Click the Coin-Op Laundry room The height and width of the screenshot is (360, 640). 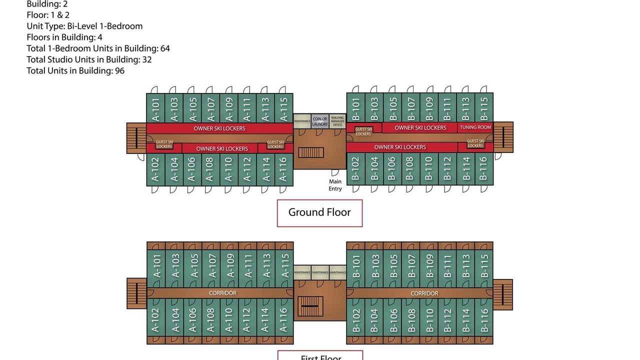click(x=320, y=121)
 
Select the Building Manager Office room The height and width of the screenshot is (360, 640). click(x=337, y=121)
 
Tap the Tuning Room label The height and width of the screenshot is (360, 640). click(x=475, y=127)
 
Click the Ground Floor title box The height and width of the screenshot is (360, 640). click(x=319, y=212)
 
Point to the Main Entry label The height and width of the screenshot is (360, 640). click(x=335, y=185)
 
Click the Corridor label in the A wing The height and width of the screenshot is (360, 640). click(x=222, y=293)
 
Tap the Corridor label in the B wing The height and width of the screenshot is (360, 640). click(x=424, y=293)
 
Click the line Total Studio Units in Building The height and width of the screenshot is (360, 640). click(x=89, y=59)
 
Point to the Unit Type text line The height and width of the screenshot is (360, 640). click(x=84, y=26)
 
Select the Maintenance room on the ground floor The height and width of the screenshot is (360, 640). click(x=302, y=121)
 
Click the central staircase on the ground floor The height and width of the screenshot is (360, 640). click(x=311, y=152)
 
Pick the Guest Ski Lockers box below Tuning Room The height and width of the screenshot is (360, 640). click(x=475, y=143)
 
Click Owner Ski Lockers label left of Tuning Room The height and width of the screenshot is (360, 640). click(x=420, y=127)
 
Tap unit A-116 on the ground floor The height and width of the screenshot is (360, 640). click(x=283, y=170)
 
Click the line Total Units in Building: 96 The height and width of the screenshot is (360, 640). click(x=75, y=70)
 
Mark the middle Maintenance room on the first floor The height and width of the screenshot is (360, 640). click(x=320, y=272)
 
